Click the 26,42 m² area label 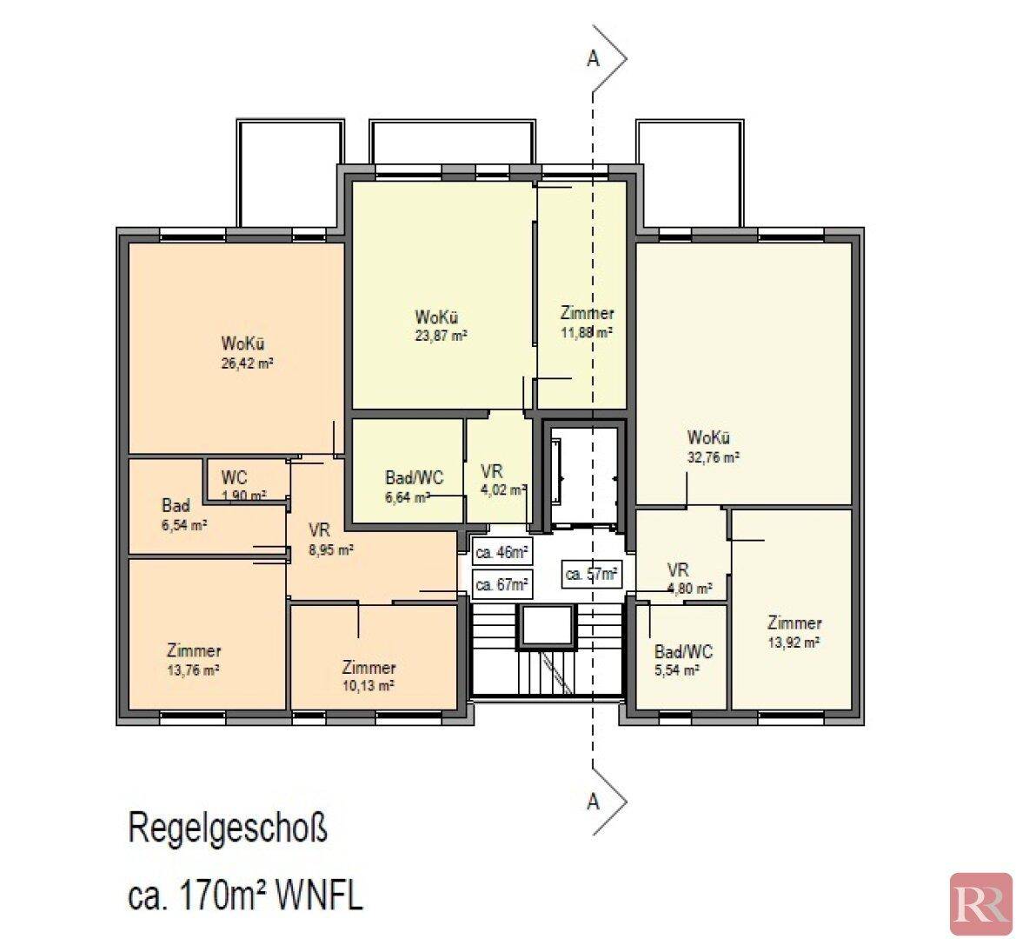pos(247,363)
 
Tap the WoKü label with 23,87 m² pos(437,317)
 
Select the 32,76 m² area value pos(714,456)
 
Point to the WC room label pos(234,478)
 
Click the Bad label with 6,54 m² pos(176,505)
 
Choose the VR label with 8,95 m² pos(320,531)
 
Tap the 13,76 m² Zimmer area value pos(193,670)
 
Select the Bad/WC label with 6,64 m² pos(415,478)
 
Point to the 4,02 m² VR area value pos(503,489)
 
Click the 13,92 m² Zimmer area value pos(794,643)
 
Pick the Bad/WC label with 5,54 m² pos(684,651)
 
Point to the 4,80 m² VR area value pos(690,589)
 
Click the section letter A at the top pos(593,58)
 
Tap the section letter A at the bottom pos(593,802)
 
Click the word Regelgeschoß pos(228,829)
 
